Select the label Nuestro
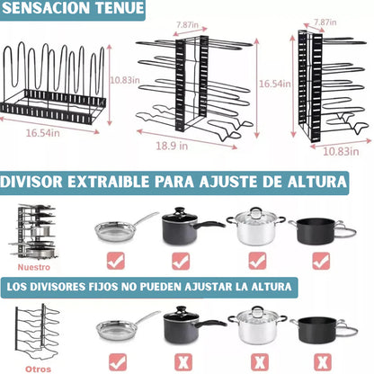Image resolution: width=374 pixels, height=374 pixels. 34,266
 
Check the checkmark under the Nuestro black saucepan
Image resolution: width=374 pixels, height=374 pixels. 183,260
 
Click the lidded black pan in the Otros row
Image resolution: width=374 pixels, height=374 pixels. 321,329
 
